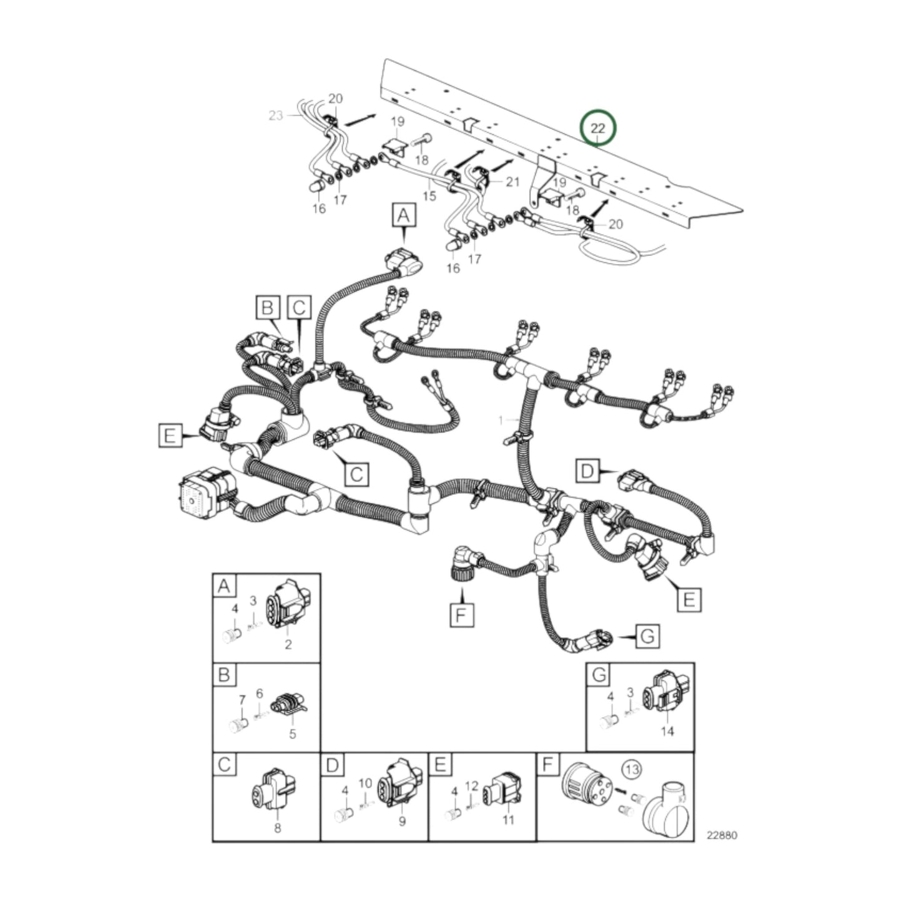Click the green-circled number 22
point(597,129)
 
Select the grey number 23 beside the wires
point(276,115)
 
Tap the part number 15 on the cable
point(429,196)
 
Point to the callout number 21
point(512,182)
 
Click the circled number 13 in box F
point(632,770)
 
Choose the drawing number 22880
point(721,835)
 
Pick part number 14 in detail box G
point(667,731)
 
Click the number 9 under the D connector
point(402,821)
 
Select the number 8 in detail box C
point(278,828)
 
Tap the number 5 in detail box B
point(292,734)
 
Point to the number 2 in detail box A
point(288,645)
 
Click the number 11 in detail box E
point(508,820)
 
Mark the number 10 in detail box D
point(365,783)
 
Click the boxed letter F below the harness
point(461,615)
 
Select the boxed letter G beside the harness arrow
point(647,637)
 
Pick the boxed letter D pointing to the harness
point(587,471)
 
